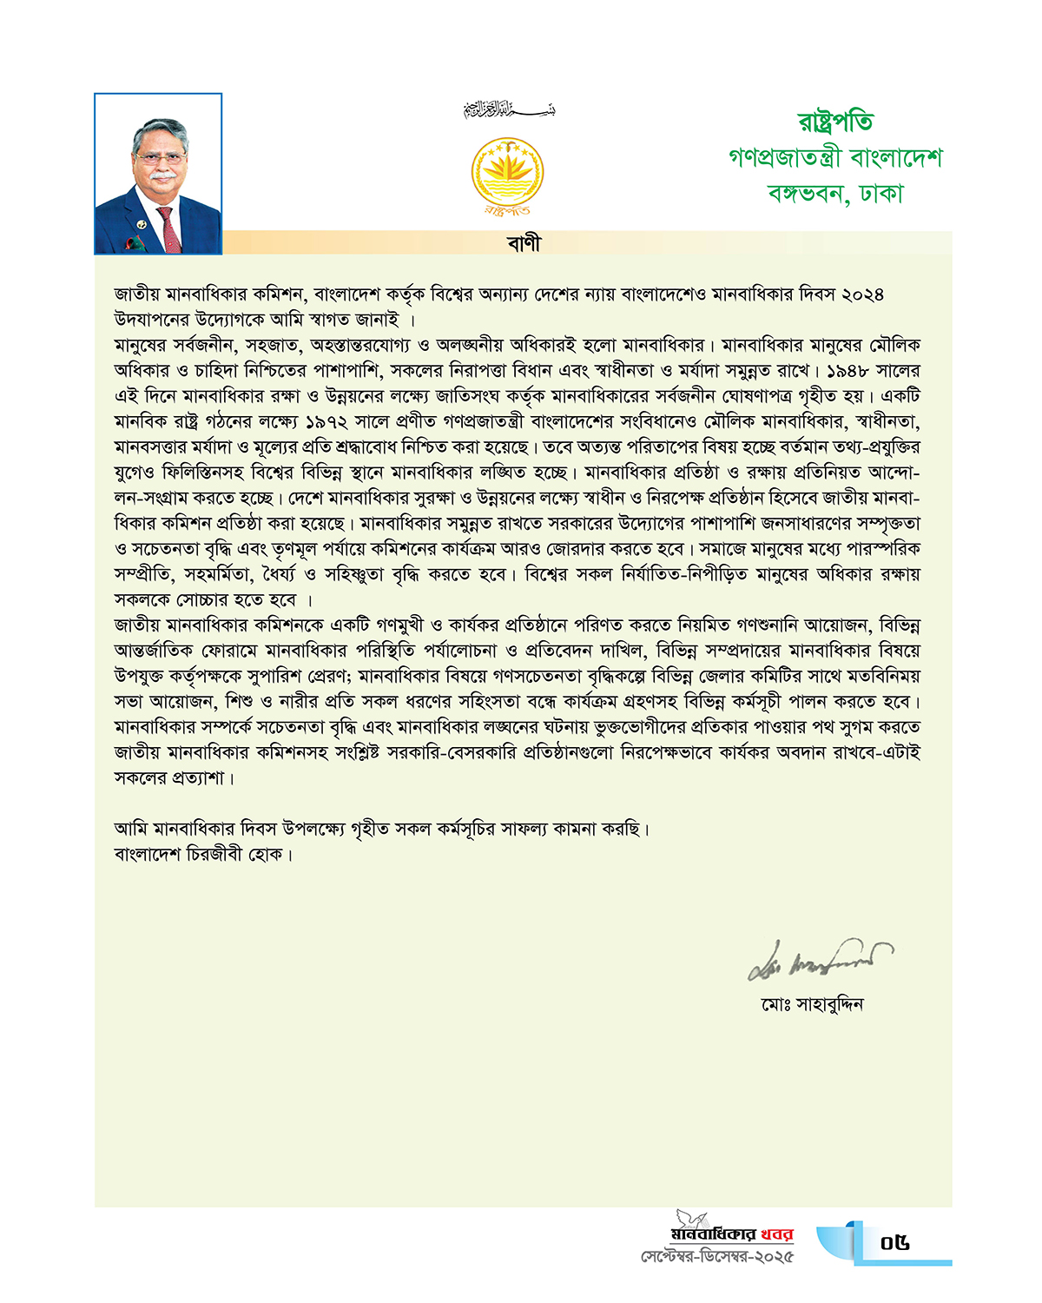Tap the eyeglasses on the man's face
160,159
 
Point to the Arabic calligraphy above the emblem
509,110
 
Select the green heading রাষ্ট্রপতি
835,122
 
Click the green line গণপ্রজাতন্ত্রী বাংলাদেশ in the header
835,157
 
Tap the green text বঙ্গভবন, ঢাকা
835,193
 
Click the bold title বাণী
524,243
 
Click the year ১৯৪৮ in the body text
848,371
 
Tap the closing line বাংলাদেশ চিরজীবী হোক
201,855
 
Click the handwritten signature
819,958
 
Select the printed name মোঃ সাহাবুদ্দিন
813,1005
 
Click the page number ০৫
894,1243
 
